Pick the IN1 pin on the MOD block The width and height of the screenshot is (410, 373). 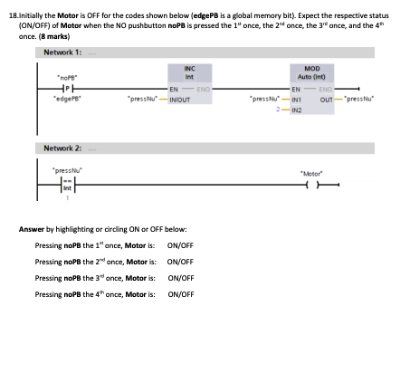point(295,96)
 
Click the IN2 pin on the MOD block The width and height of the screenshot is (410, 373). point(295,106)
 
